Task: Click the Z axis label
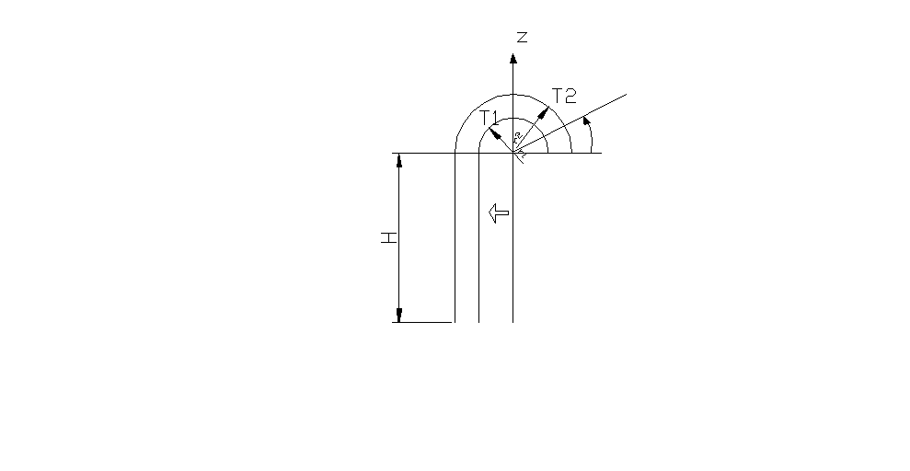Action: click(522, 37)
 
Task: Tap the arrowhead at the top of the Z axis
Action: click(513, 57)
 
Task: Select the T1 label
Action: click(489, 117)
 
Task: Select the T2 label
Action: click(563, 94)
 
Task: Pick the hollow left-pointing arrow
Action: click(497, 213)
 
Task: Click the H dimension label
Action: click(389, 237)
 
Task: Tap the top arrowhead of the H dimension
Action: click(399, 160)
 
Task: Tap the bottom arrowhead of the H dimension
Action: click(399, 316)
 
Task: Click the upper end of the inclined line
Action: click(626, 94)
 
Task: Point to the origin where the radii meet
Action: click(513, 153)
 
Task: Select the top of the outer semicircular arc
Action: click(513, 94)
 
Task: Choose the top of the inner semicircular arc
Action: click(513, 118)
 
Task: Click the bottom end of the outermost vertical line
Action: click(455, 322)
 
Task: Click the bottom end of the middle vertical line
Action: click(478, 322)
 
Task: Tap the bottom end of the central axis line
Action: click(513, 322)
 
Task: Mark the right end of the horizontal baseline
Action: click(602, 153)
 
